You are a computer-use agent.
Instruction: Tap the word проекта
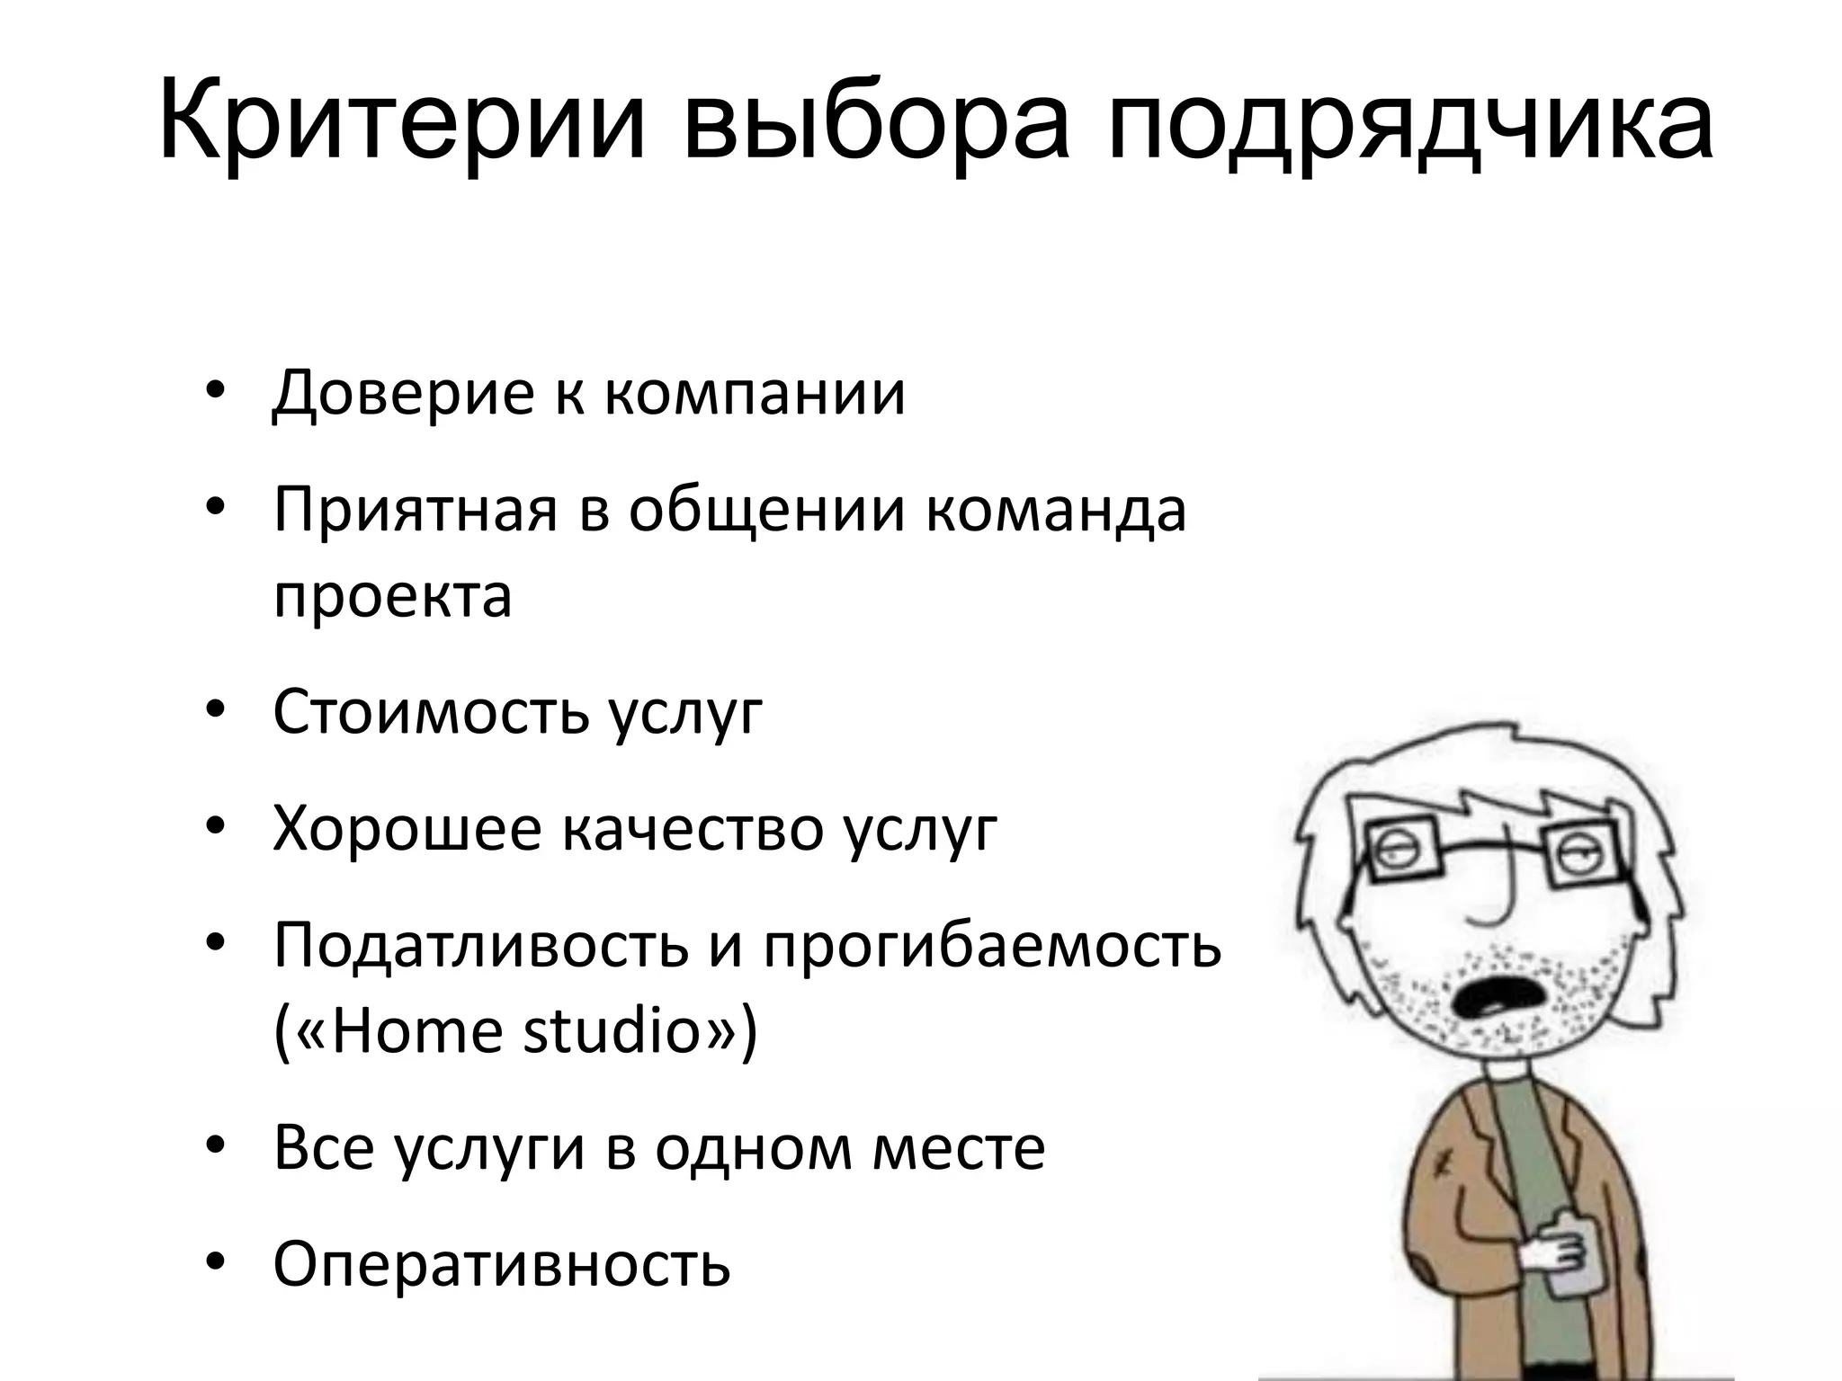tap(392, 595)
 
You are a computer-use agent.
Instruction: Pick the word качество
tap(693, 829)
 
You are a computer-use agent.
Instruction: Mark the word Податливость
tap(480, 946)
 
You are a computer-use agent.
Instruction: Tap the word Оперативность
tap(501, 1264)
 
